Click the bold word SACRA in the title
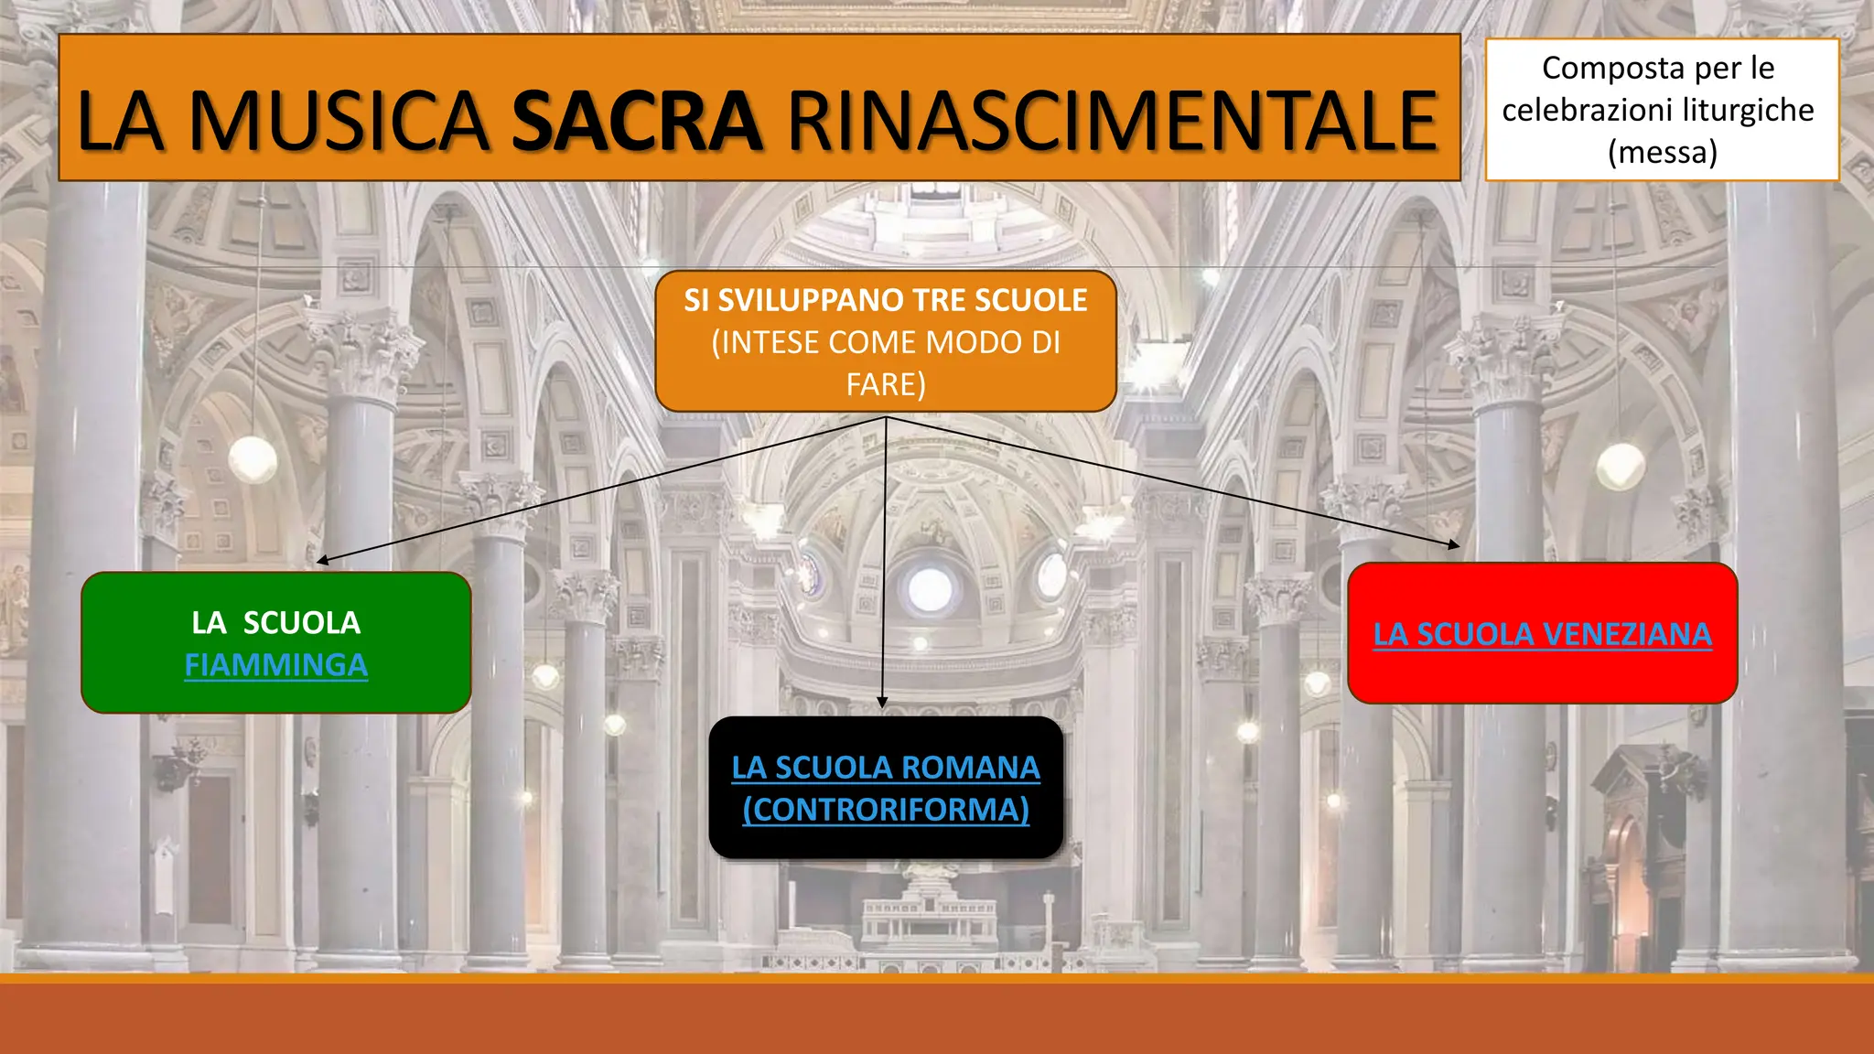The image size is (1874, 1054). (637, 122)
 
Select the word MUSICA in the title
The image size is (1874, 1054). (339, 122)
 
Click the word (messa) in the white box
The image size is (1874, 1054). (1662, 152)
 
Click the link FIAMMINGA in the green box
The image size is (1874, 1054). (276, 665)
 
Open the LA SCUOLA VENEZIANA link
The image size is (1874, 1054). (1542, 634)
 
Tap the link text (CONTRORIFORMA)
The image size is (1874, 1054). (886, 810)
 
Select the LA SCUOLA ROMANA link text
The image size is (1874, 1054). (886, 768)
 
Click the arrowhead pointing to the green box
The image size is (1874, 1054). (322, 560)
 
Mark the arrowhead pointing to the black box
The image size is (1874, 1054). (882, 702)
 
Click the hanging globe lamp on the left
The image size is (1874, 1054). (253, 459)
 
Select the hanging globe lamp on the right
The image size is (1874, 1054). (1621, 467)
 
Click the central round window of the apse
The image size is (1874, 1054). (930, 589)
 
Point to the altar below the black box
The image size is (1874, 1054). (930, 915)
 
